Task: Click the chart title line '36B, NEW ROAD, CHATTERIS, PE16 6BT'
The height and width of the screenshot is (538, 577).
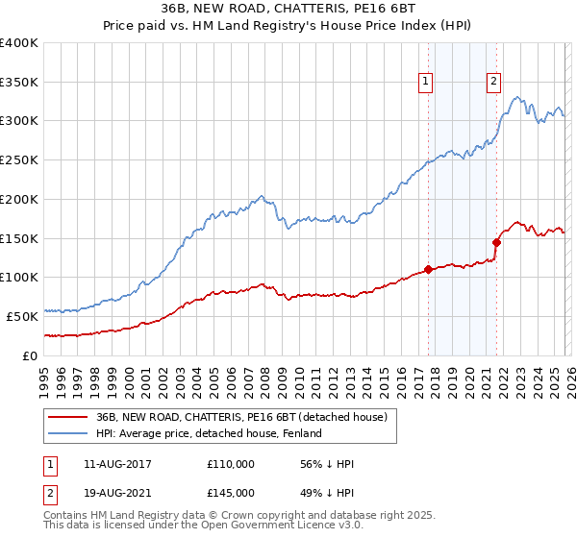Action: pyautogui.click(x=288, y=10)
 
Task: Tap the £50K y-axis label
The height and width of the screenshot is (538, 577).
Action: pyautogui.click(x=22, y=316)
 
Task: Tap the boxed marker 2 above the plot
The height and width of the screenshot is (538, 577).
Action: pyautogui.click(x=494, y=83)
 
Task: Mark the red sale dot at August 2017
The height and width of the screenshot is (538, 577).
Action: pyautogui.click(x=428, y=270)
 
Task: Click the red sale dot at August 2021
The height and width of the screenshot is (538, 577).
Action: pyautogui.click(x=496, y=242)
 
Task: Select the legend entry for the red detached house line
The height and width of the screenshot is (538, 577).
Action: pyautogui.click(x=240, y=418)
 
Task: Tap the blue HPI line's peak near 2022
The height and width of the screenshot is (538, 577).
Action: pyautogui.click(x=517, y=97)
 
